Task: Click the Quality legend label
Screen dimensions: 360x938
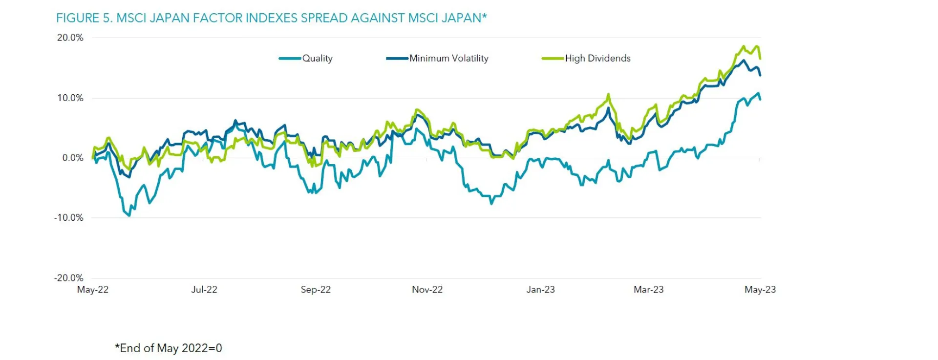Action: tap(317, 58)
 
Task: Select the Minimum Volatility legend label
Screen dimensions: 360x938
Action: tap(448, 58)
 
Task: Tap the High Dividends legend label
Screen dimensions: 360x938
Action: tap(597, 58)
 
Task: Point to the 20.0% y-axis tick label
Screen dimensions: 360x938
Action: tap(70, 38)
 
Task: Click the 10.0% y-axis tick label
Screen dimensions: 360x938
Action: tap(70, 98)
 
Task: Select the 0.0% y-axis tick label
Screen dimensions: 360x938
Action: tap(72, 158)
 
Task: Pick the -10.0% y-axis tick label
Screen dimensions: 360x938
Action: tap(69, 217)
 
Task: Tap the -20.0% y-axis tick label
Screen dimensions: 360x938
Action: tap(69, 277)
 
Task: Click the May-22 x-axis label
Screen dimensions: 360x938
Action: tap(93, 290)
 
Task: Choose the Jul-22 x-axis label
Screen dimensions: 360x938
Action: tap(204, 290)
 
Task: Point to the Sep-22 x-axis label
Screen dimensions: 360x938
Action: tap(316, 290)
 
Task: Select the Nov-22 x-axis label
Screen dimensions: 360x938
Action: tap(427, 290)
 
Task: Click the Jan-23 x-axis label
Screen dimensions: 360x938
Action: tap(540, 290)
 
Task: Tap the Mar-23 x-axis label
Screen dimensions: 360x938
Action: tap(648, 290)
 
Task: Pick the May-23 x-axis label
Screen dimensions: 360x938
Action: tap(760, 290)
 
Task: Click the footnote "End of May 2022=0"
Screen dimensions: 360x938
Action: tap(169, 348)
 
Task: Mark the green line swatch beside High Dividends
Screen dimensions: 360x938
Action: tap(553, 59)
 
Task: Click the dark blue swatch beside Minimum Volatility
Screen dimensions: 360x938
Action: tap(397, 59)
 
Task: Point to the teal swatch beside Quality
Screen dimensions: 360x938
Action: tap(290, 59)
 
